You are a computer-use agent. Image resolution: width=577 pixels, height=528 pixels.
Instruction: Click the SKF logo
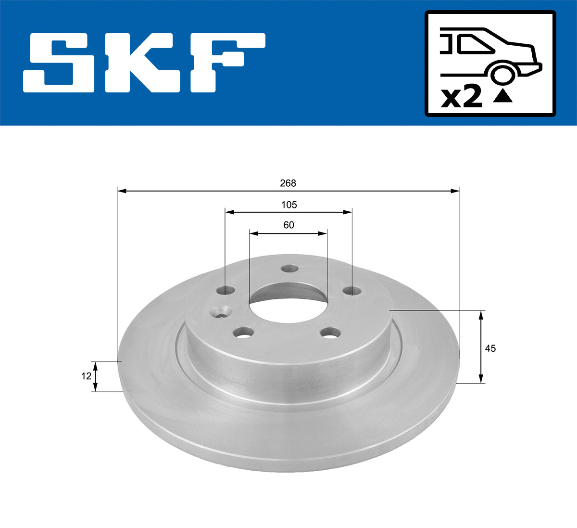144,63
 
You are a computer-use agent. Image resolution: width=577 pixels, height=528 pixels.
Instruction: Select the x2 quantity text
461,97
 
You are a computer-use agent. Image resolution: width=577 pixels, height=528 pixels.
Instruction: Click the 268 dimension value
288,183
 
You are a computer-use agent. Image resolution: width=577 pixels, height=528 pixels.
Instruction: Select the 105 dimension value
288,205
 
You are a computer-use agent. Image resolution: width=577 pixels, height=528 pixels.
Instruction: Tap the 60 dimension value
288,225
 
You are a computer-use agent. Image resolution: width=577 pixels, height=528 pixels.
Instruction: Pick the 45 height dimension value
490,348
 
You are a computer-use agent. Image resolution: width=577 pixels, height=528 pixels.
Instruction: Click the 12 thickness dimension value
86,376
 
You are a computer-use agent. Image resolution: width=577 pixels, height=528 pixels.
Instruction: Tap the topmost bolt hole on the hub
289,269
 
